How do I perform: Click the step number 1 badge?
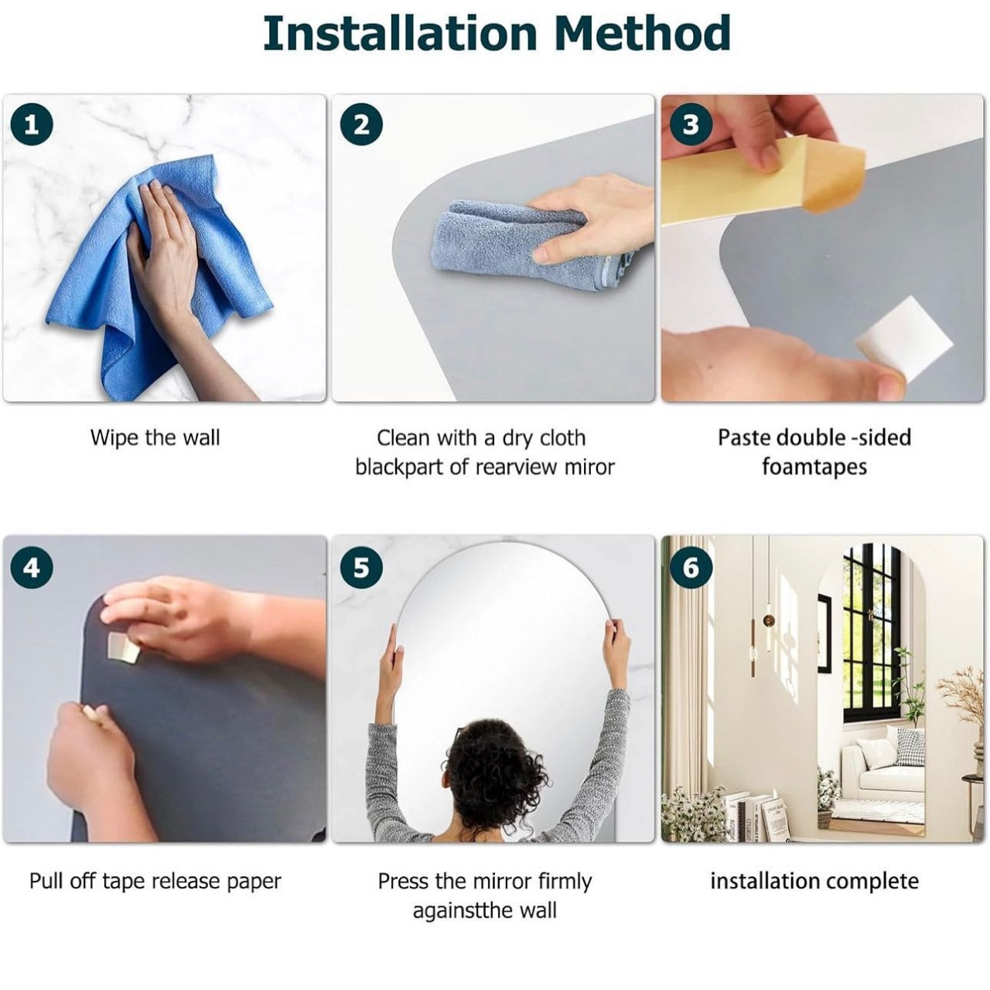(32, 125)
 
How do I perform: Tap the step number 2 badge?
(362, 125)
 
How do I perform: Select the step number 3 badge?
(691, 125)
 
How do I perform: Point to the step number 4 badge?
(32, 568)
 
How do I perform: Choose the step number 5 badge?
(362, 568)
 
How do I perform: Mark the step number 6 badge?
(691, 568)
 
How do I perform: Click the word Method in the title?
(643, 33)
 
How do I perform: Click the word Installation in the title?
(400, 33)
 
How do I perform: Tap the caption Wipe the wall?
(155, 438)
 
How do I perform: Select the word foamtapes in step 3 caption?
(814, 467)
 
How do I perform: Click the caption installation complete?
(814, 881)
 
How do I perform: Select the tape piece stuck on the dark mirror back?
(123, 646)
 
